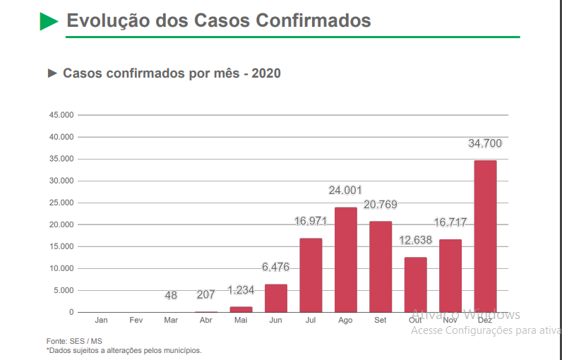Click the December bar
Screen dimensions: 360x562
(x=485, y=236)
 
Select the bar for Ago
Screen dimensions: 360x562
(x=345, y=259)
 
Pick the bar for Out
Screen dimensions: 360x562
(x=415, y=284)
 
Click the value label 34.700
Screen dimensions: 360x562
(x=485, y=144)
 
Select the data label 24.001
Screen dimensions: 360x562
(x=345, y=191)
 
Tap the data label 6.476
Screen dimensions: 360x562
(x=275, y=268)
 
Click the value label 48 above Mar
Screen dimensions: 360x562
(x=171, y=296)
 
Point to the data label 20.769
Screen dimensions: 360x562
(x=380, y=205)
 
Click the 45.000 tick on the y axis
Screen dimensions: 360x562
(x=61, y=115)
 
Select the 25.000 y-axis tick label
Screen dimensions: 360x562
(x=61, y=203)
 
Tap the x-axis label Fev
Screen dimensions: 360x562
(x=136, y=320)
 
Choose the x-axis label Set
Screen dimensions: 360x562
(x=380, y=320)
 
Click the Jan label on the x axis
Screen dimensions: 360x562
(x=102, y=320)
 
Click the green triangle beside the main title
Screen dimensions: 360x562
(x=49, y=20)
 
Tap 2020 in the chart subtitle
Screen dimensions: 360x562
(x=266, y=73)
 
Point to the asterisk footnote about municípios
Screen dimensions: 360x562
(x=124, y=350)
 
